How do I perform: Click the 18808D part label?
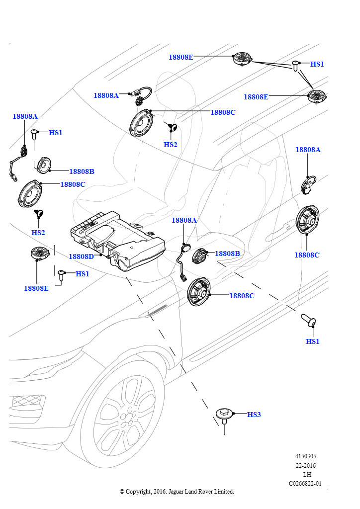click(x=81, y=256)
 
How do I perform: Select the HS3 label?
click(x=254, y=415)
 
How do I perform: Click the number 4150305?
click(x=305, y=456)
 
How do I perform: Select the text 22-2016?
click(x=305, y=466)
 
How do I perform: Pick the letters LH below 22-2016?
click(x=307, y=475)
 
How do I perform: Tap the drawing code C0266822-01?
click(x=305, y=484)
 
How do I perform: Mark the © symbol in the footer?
click(x=122, y=492)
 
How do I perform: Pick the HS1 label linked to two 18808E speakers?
click(x=317, y=65)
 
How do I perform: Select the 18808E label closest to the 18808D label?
click(x=36, y=288)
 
